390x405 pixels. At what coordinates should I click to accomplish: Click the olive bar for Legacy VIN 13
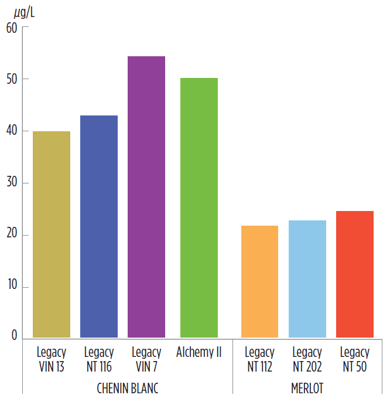[52, 234]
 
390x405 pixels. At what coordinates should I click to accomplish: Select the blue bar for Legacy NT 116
[99, 226]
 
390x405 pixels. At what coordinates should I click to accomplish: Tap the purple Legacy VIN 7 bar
[146, 197]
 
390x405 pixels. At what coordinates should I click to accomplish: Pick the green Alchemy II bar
[199, 207]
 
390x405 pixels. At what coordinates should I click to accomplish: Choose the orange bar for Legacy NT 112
[259, 281]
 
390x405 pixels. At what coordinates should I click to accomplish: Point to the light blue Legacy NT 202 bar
[307, 279]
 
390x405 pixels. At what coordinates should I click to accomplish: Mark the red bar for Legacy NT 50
[354, 274]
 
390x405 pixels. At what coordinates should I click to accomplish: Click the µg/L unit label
[23, 12]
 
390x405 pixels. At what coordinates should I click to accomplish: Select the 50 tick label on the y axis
[12, 79]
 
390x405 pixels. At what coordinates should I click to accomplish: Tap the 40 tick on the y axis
[12, 131]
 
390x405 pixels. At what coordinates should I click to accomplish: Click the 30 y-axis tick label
[12, 183]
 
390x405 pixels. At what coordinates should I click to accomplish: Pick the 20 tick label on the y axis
[12, 236]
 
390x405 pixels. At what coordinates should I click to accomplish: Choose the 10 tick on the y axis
[12, 288]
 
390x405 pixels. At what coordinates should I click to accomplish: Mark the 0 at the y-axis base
[15, 336]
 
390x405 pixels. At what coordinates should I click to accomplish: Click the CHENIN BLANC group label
[127, 389]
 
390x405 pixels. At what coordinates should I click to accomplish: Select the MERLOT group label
[307, 389]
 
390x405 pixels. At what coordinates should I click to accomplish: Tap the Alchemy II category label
[199, 353]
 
